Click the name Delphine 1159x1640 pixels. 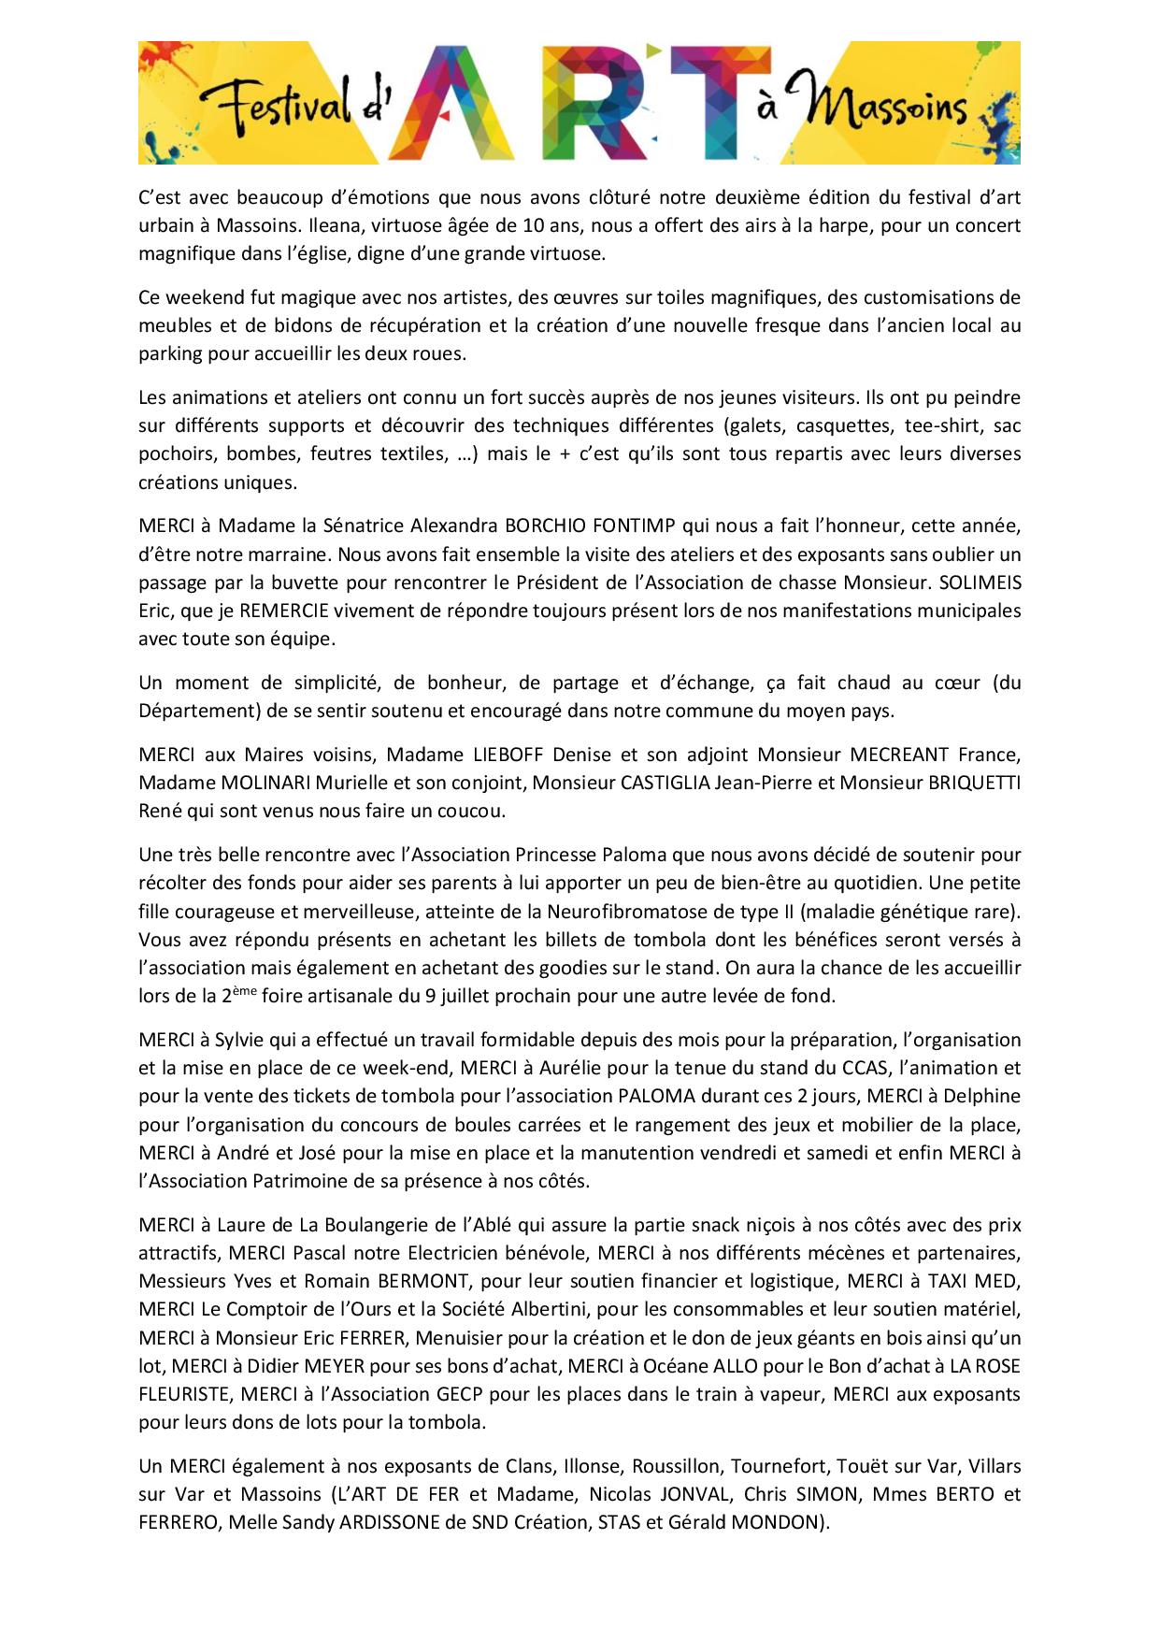pos(981,1096)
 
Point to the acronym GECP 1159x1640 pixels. pos(459,1394)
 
